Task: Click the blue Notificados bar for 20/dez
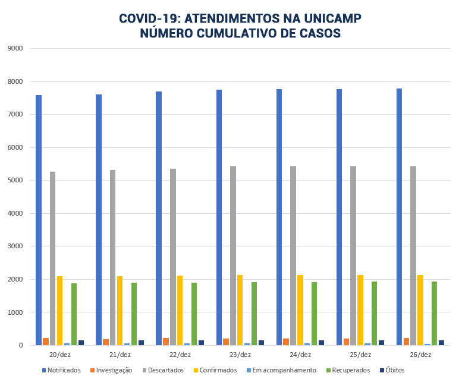(x=38, y=220)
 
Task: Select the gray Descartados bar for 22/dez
(x=172, y=257)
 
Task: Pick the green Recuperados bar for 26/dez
(x=435, y=313)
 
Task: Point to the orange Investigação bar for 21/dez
(x=106, y=342)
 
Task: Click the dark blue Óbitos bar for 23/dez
(x=261, y=343)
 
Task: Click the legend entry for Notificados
(x=61, y=370)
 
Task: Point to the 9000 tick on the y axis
(x=14, y=48)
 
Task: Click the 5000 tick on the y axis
(x=14, y=181)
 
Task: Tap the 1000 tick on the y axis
(x=14, y=312)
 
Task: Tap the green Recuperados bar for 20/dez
(x=74, y=314)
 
